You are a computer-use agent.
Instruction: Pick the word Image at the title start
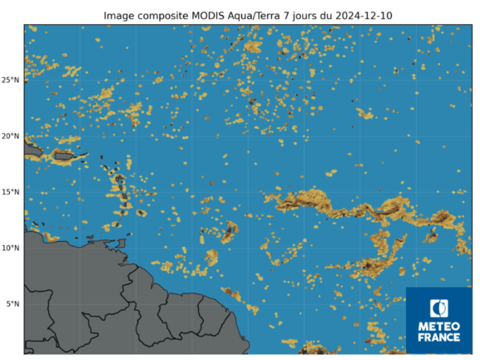click(x=119, y=16)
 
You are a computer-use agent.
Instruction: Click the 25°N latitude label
click(x=11, y=81)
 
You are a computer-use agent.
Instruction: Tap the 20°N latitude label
click(x=11, y=136)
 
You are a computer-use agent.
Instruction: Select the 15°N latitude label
click(x=11, y=192)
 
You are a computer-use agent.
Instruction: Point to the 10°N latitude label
click(x=11, y=248)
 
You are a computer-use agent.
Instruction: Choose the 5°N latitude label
click(x=12, y=303)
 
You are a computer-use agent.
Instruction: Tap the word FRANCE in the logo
click(x=439, y=337)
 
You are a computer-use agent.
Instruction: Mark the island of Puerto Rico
click(x=64, y=154)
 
